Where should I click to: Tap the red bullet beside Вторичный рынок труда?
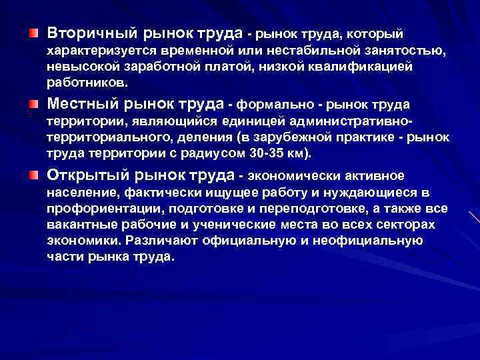33,33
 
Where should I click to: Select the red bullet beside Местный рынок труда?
33,103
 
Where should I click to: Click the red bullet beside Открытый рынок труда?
33,175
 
